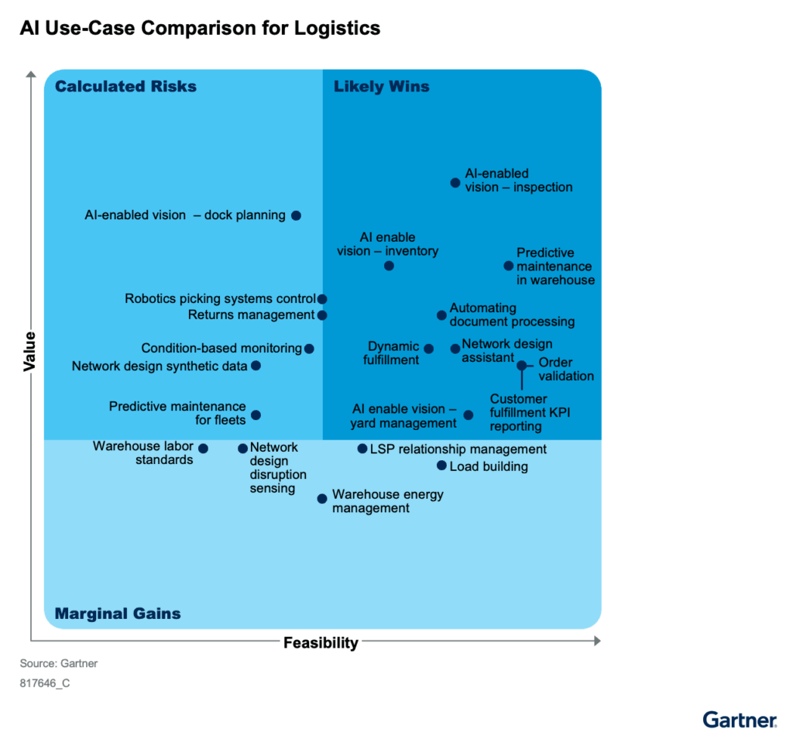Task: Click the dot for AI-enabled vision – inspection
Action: coord(455,183)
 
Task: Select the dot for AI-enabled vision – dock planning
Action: coord(296,215)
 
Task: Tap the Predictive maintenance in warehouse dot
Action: coord(509,266)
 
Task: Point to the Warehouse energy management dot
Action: coord(322,499)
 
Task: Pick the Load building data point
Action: coord(441,466)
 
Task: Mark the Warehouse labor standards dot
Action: coord(203,449)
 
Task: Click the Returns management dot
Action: coord(322,315)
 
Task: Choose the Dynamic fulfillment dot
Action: coord(429,349)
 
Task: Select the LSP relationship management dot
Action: coord(362,449)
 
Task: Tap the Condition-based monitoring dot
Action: coord(309,349)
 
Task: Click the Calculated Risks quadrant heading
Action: coord(125,87)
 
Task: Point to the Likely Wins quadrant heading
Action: coord(381,87)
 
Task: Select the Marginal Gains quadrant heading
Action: coord(118,614)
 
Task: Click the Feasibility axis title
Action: coord(321,642)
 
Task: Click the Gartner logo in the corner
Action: coord(739,719)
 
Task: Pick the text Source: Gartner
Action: coord(59,664)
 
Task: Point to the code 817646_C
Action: coord(45,684)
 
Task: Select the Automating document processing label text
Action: coord(512,315)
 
